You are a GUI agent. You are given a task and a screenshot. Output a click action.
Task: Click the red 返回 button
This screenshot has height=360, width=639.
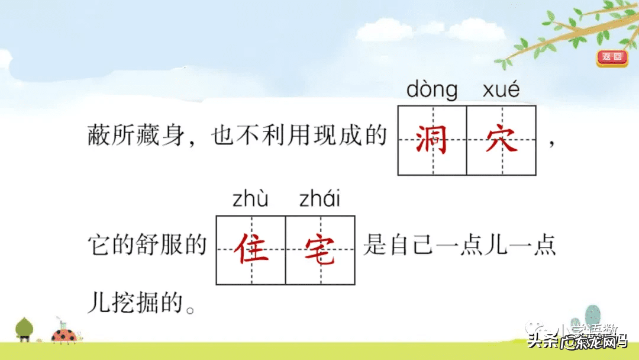pos(612,57)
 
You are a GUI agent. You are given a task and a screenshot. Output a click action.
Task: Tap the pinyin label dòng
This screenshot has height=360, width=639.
pos(432,90)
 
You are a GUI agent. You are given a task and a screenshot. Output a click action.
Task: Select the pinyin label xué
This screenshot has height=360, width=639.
pos(501,90)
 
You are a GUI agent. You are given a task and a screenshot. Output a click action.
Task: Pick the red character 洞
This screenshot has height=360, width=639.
pos(433,140)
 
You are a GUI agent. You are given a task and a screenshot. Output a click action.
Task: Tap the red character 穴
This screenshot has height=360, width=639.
pos(501,140)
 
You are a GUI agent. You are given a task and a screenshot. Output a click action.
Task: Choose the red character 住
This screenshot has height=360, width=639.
pos(251,250)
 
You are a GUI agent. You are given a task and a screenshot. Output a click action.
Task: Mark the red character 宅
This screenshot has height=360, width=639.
pos(320,250)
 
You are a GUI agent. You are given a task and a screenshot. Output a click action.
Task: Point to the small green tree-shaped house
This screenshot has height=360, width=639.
pos(24,329)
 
